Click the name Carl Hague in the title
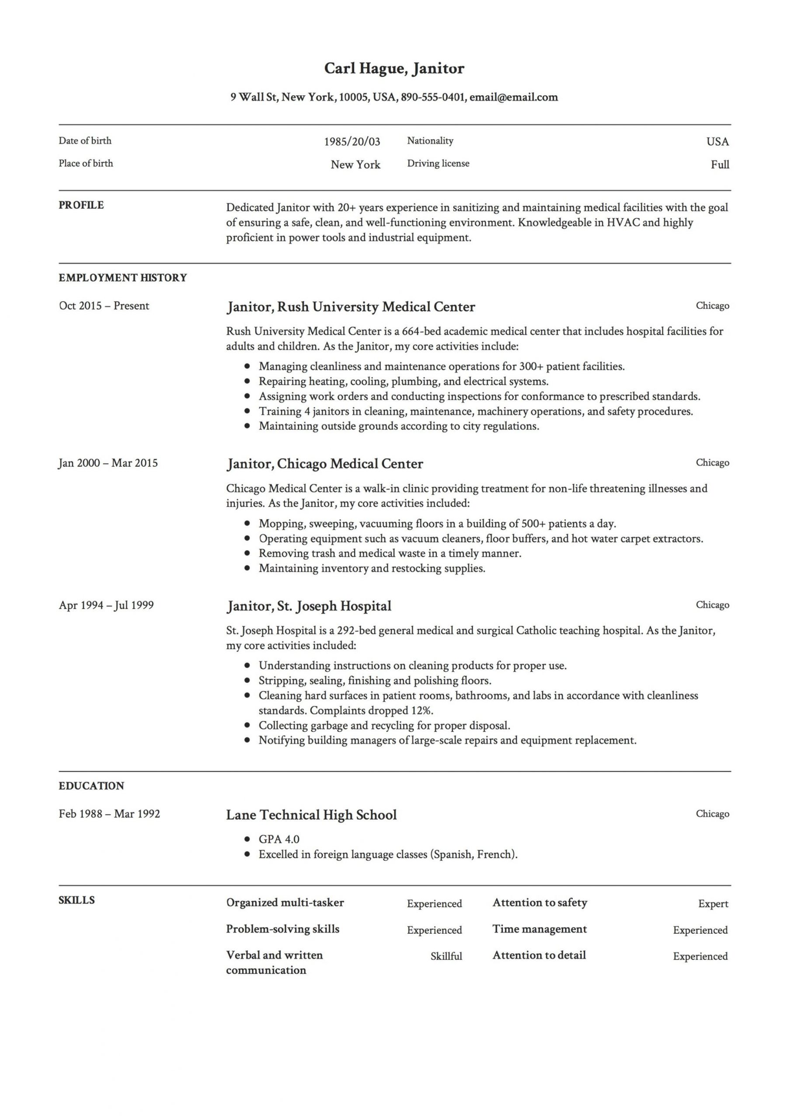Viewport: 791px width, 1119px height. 364,68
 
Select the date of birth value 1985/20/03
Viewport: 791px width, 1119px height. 352,142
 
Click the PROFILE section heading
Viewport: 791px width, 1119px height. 81,205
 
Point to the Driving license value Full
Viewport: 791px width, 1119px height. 719,165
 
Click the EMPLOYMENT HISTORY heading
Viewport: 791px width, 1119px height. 122,278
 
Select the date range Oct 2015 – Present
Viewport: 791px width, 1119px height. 104,306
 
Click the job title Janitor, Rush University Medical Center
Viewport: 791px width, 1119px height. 350,307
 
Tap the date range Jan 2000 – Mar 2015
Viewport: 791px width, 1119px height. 108,463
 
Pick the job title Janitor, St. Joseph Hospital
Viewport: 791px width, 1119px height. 309,606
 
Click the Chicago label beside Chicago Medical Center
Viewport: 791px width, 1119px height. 712,462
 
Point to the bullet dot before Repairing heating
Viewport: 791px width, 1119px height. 248,382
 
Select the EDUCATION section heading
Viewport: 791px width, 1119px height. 91,786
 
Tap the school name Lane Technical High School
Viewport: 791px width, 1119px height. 311,815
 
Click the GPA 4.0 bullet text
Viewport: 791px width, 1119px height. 279,839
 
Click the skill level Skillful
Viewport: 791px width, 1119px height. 446,957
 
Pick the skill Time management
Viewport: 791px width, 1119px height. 540,929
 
